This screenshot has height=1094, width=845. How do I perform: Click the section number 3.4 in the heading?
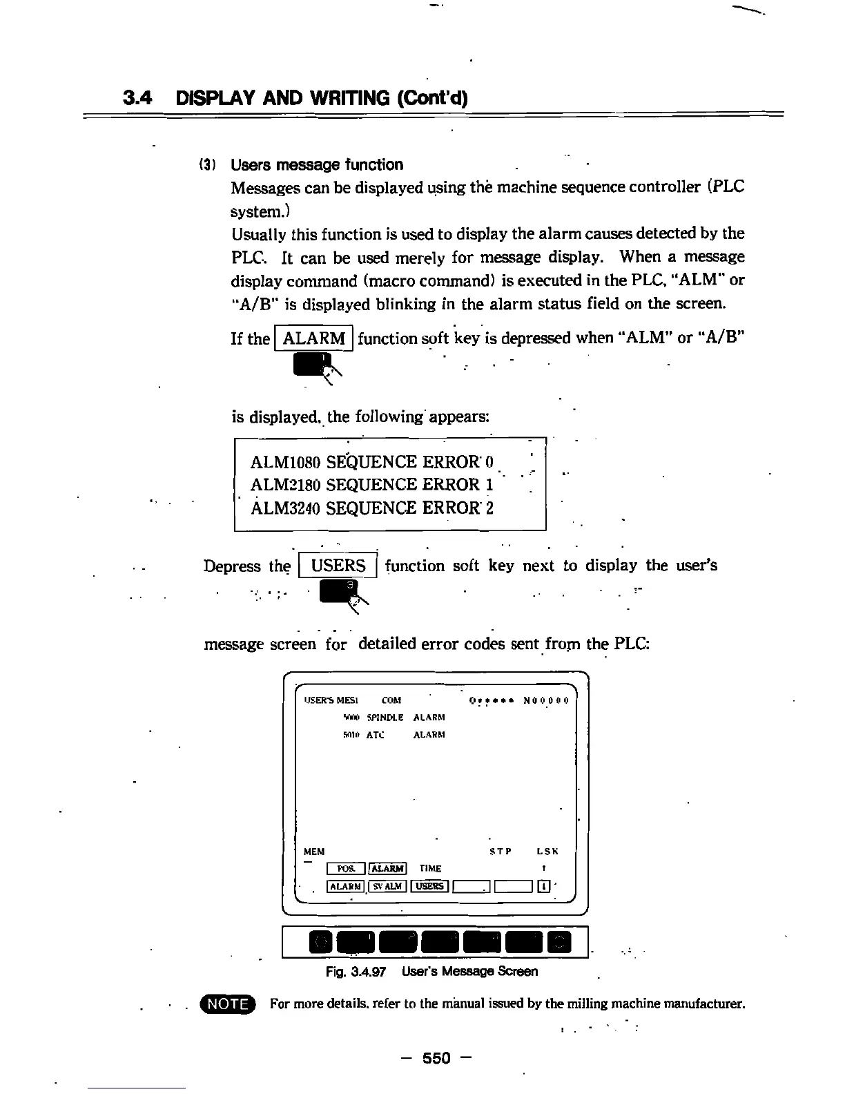tap(137, 98)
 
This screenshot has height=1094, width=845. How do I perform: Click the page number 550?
tap(436, 1057)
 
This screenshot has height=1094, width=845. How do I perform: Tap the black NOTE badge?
tap(228, 1003)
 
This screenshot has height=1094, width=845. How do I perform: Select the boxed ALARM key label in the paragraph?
tap(314, 338)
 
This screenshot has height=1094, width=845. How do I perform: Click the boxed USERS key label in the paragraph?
tap(338, 566)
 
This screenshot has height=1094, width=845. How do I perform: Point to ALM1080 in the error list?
tap(285, 462)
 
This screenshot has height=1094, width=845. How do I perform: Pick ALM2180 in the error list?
tap(285, 485)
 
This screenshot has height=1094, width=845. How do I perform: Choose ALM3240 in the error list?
tap(285, 508)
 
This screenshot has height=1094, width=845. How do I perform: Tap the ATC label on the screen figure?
tap(375, 735)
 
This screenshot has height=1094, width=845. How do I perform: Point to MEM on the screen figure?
tap(314, 852)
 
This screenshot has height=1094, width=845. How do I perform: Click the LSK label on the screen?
tap(547, 852)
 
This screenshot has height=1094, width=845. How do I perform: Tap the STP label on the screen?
tap(501, 852)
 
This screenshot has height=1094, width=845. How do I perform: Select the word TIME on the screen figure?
tap(430, 869)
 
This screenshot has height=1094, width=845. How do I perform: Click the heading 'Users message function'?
tap(317, 165)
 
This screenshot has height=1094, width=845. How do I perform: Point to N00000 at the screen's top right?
tap(545, 700)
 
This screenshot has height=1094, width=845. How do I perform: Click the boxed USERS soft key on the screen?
tap(429, 886)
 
